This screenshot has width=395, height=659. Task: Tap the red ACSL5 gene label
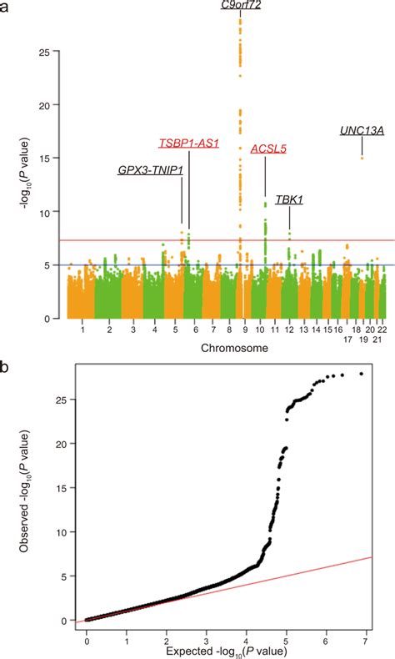click(x=267, y=149)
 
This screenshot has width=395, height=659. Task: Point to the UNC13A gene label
click(x=362, y=130)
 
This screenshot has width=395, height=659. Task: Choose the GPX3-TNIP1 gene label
click(x=150, y=170)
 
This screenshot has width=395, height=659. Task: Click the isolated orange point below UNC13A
click(x=362, y=158)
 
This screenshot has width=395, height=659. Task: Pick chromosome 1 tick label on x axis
click(x=82, y=331)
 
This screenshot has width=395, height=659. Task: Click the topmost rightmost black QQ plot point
click(x=361, y=397)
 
